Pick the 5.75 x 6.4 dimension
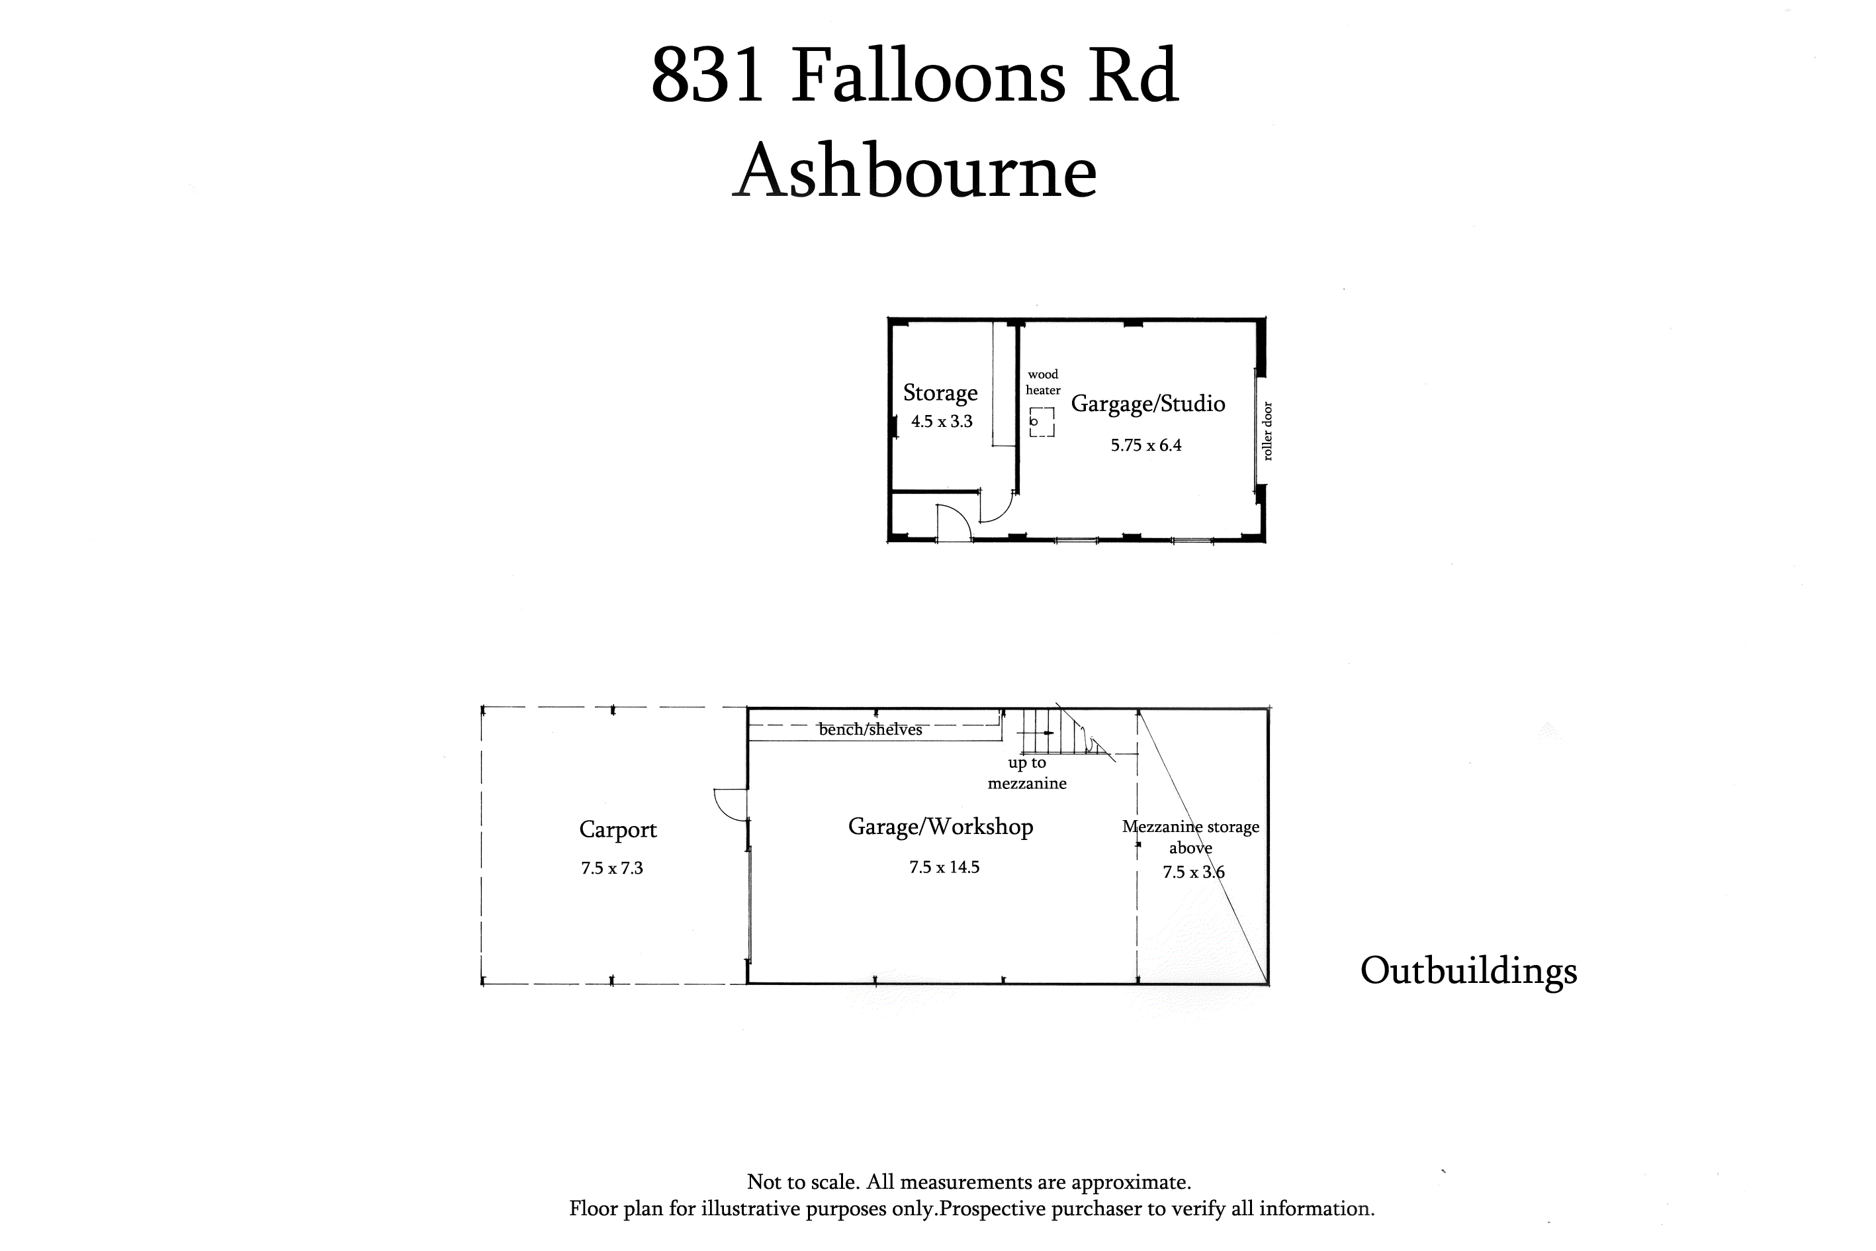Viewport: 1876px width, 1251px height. coord(1146,445)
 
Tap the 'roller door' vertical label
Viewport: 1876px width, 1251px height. coord(1267,431)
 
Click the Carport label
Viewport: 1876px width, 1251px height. coord(617,830)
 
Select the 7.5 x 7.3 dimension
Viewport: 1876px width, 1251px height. coord(612,868)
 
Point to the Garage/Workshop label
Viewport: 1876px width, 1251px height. coord(940,827)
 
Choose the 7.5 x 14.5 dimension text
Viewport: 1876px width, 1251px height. coord(944,867)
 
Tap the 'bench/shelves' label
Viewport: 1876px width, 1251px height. coord(870,729)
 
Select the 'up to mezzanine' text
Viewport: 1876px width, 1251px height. coord(1026,773)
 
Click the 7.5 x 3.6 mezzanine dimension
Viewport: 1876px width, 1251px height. coord(1193,872)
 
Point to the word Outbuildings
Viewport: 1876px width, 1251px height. coord(1468,971)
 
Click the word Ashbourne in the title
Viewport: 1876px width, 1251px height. coord(915,171)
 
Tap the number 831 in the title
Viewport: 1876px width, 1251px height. coord(708,77)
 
